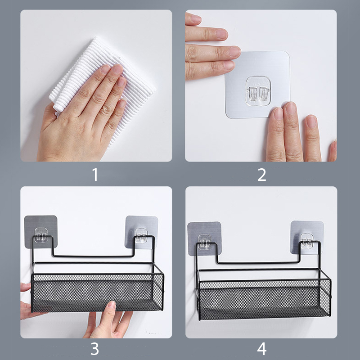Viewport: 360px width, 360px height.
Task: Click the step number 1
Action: pyautogui.click(x=95, y=175)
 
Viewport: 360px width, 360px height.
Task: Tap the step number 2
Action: pyautogui.click(x=262, y=175)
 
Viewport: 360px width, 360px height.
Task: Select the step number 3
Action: pyautogui.click(x=95, y=349)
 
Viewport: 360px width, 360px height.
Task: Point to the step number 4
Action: pyautogui.click(x=262, y=349)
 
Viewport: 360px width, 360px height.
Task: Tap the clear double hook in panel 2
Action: pyautogui.click(x=258, y=91)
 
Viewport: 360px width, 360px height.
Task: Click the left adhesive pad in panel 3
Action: pyautogui.click(x=40, y=232)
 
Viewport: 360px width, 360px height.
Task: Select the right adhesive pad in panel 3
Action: pyautogui.click(x=141, y=232)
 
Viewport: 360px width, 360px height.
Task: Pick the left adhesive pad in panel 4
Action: pyautogui.click(x=204, y=238)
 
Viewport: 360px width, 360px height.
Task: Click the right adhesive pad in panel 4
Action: pyautogui.click(x=307, y=238)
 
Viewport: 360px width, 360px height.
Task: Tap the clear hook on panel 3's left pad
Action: pyautogui.click(x=41, y=235)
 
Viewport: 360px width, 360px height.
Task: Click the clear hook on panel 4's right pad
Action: pyautogui.click(x=307, y=241)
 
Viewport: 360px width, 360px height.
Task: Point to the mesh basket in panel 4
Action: pyautogui.click(x=264, y=298)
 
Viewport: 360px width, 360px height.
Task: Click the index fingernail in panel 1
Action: pyautogui.click(x=105, y=69)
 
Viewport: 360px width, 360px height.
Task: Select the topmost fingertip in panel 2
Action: pyautogui.click(x=195, y=19)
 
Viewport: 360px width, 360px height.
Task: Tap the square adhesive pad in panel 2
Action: pyautogui.click(x=257, y=85)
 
